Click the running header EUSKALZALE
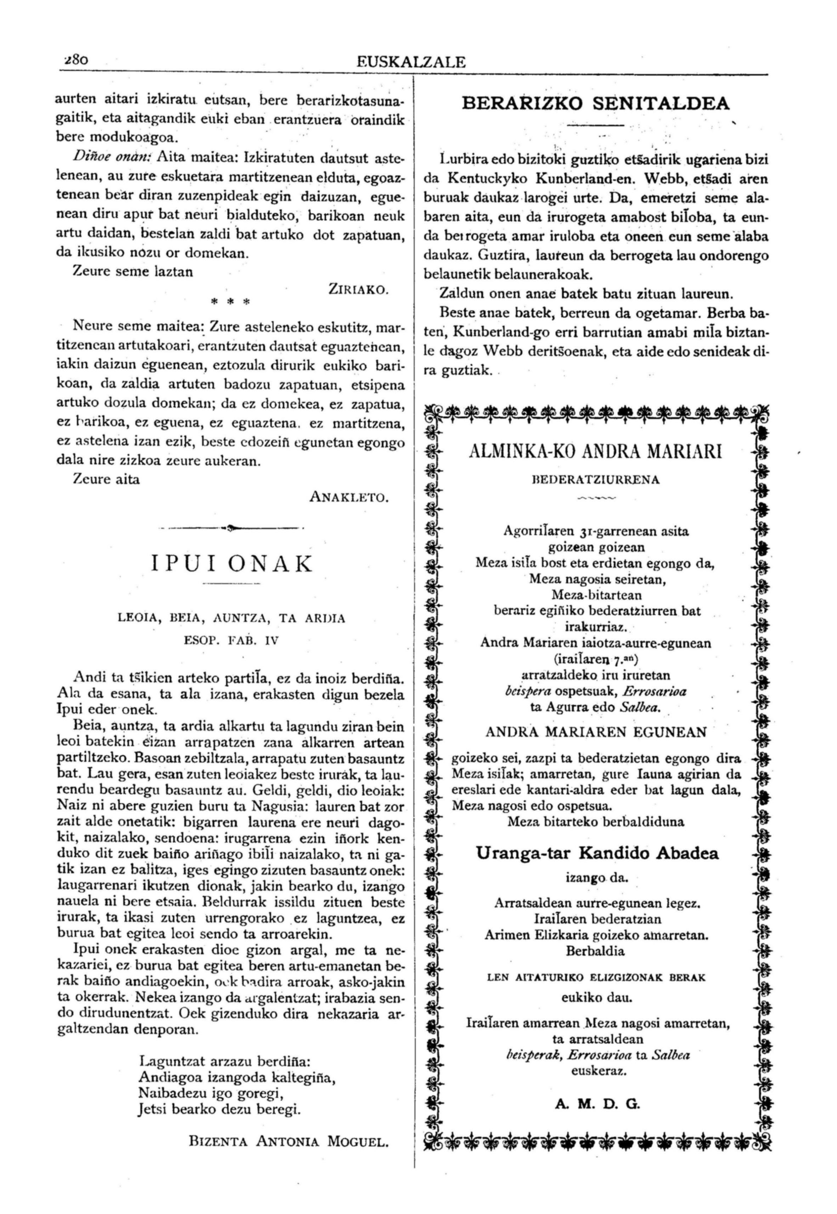[x=411, y=62]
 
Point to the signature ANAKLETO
[x=349, y=496]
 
